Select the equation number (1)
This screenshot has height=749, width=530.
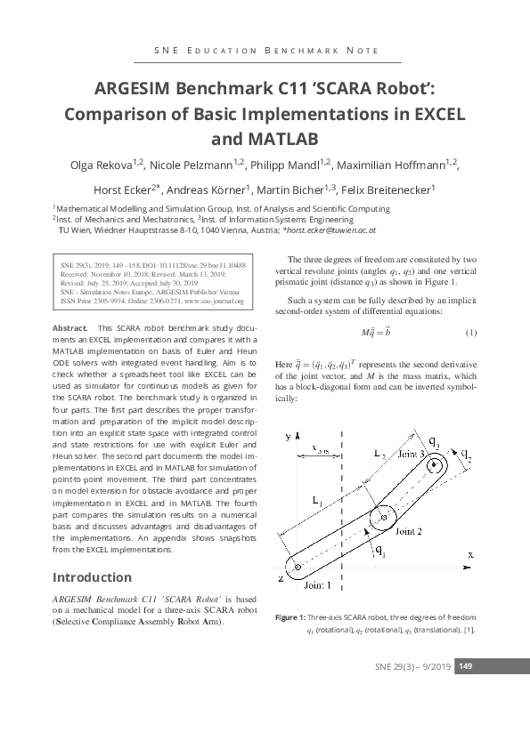pyautogui.click(x=471, y=333)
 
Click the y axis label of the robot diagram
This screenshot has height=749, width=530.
pyautogui.click(x=288, y=437)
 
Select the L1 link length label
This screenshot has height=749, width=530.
pyautogui.click(x=319, y=500)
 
